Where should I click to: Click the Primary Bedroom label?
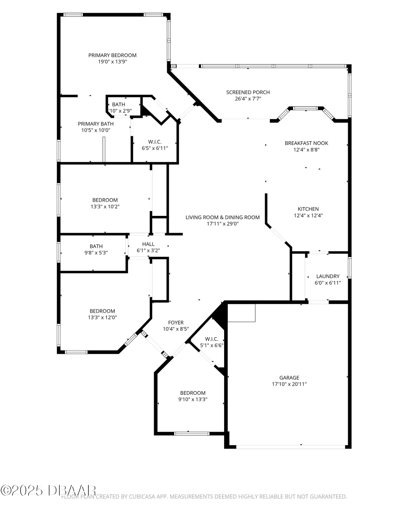click(112, 55)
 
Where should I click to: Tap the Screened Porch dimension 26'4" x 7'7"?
click(248, 99)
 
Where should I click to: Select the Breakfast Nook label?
click(306, 143)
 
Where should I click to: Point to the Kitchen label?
click(308, 209)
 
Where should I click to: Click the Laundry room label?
click(328, 276)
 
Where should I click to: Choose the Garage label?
click(289, 378)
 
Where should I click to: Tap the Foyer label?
click(176, 322)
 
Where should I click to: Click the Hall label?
click(148, 244)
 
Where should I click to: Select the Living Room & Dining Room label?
click(222, 217)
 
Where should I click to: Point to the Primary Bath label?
click(96, 124)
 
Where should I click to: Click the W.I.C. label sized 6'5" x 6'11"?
click(155, 142)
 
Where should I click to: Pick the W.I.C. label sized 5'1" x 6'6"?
click(211, 339)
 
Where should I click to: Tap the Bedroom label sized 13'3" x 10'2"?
click(105, 200)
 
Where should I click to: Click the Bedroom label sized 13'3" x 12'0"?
click(102, 311)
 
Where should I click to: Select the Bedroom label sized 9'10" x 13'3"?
click(193, 393)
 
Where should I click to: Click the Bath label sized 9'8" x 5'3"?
click(96, 246)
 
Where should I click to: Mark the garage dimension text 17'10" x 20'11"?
click(289, 384)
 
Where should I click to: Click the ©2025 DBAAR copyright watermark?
click(48, 490)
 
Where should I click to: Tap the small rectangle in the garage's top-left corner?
click(242, 313)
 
